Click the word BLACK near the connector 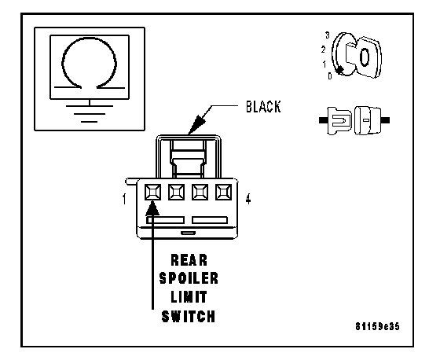[x=263, y=107]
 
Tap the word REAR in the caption [x=189, y=260]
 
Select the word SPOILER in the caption [x=189, y=278]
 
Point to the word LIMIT [x=189, y=297]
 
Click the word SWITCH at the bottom [x=189, y=316]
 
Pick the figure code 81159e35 [x=377, y=326]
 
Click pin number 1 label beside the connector [x=124, y=199]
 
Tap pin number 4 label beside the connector [x=248, y=199]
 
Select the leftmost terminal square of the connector [x=153, y=192]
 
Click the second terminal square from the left [x=177, y=192]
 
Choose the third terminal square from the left [x=200, y=192]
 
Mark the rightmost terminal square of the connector [x=224, y=192]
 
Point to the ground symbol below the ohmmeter [x=90, y=112]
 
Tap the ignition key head [x=365, y=57]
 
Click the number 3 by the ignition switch [x=328, y=35]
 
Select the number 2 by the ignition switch [x=323, y=50]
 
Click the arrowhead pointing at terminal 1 [x=152, y=208]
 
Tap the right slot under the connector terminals [x=210, y=220]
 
